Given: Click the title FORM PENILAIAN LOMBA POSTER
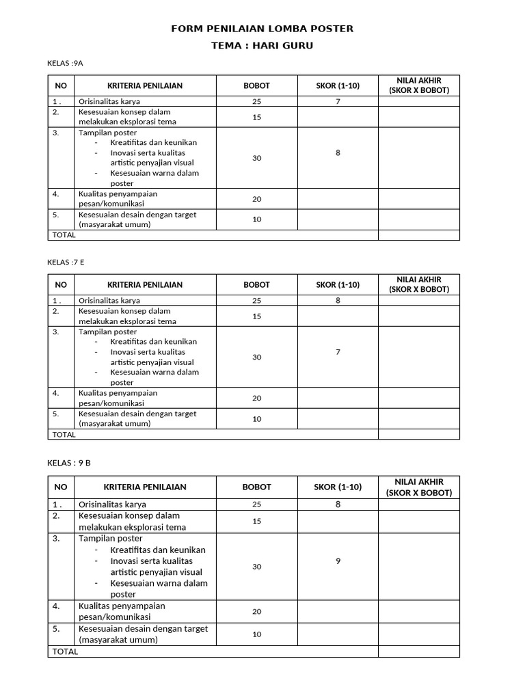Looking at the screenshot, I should coord(262,29).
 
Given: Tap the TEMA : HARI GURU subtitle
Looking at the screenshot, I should coord(262,46).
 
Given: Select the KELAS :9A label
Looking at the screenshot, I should coord(65,64).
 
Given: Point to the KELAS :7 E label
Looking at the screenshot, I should coord(66,262).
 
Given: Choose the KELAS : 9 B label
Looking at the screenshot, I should coord(69,463).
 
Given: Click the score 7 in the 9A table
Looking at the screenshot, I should coord(338,101).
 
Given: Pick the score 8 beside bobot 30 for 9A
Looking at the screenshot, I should coord(338,153).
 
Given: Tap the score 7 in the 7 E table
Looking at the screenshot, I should coord(338,352).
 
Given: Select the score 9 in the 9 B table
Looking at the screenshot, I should coord(338,561).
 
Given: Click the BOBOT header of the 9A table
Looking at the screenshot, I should coord(257,86).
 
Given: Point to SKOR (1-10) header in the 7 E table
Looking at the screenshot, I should coord(338,284).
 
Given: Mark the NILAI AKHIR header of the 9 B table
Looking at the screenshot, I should coord(419,487).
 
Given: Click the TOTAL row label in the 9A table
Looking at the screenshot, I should coord(64,235).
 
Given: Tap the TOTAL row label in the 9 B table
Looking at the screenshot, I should coord(65,651).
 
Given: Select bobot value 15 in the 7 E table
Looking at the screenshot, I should coord(257,317).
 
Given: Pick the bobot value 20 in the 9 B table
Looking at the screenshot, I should coord(257,612).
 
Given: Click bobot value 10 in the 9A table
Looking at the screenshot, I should coord(257,219).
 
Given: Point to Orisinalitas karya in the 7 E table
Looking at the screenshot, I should coord(109,300).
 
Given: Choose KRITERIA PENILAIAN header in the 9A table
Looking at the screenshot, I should coord(145,86).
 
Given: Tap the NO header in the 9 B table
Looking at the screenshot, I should coord(61,487).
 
